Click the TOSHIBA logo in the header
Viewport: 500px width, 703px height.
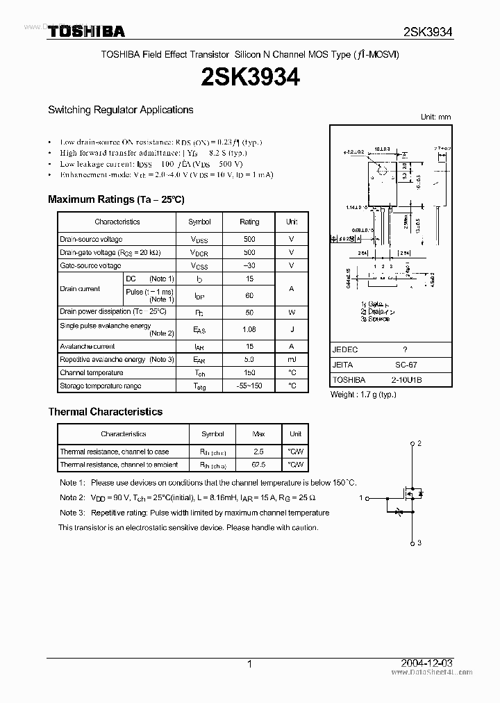86,31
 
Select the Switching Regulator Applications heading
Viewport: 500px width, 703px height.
120,110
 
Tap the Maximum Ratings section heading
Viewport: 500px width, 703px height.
116,199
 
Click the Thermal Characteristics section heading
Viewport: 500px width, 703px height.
105,412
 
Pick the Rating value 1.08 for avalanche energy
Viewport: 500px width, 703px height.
249,329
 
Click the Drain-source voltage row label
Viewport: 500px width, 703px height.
90,239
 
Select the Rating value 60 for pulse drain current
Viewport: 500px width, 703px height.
249,295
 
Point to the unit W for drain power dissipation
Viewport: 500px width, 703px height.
292,312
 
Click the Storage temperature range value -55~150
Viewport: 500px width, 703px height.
249,386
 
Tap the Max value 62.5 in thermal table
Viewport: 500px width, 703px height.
258,465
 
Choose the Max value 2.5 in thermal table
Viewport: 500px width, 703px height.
258,452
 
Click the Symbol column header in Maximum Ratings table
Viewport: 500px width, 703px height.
199,222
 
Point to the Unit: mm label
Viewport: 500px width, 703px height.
436,117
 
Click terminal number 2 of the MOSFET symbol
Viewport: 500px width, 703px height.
419,443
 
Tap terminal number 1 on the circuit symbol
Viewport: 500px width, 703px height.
361,497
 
